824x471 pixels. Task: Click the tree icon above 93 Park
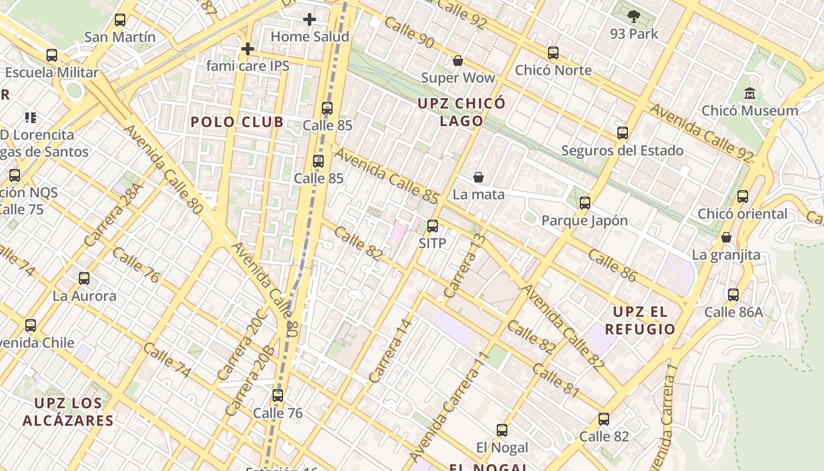633,16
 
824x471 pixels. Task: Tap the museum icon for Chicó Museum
750,93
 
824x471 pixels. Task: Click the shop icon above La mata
479,177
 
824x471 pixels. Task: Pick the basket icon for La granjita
726,237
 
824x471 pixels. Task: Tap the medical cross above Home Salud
310,19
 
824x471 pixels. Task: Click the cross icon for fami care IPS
248,48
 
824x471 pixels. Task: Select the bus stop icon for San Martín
120,20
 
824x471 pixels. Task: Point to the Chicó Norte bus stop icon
553,53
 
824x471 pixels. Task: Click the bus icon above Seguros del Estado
623,133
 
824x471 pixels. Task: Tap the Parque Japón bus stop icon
584,203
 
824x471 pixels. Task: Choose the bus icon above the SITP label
433,225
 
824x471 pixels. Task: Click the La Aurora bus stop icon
84,278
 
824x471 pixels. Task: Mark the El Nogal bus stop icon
502,430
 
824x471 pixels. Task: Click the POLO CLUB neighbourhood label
237,122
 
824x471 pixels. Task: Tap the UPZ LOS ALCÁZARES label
68,412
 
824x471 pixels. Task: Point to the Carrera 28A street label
114,215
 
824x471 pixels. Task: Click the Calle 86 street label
612,266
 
